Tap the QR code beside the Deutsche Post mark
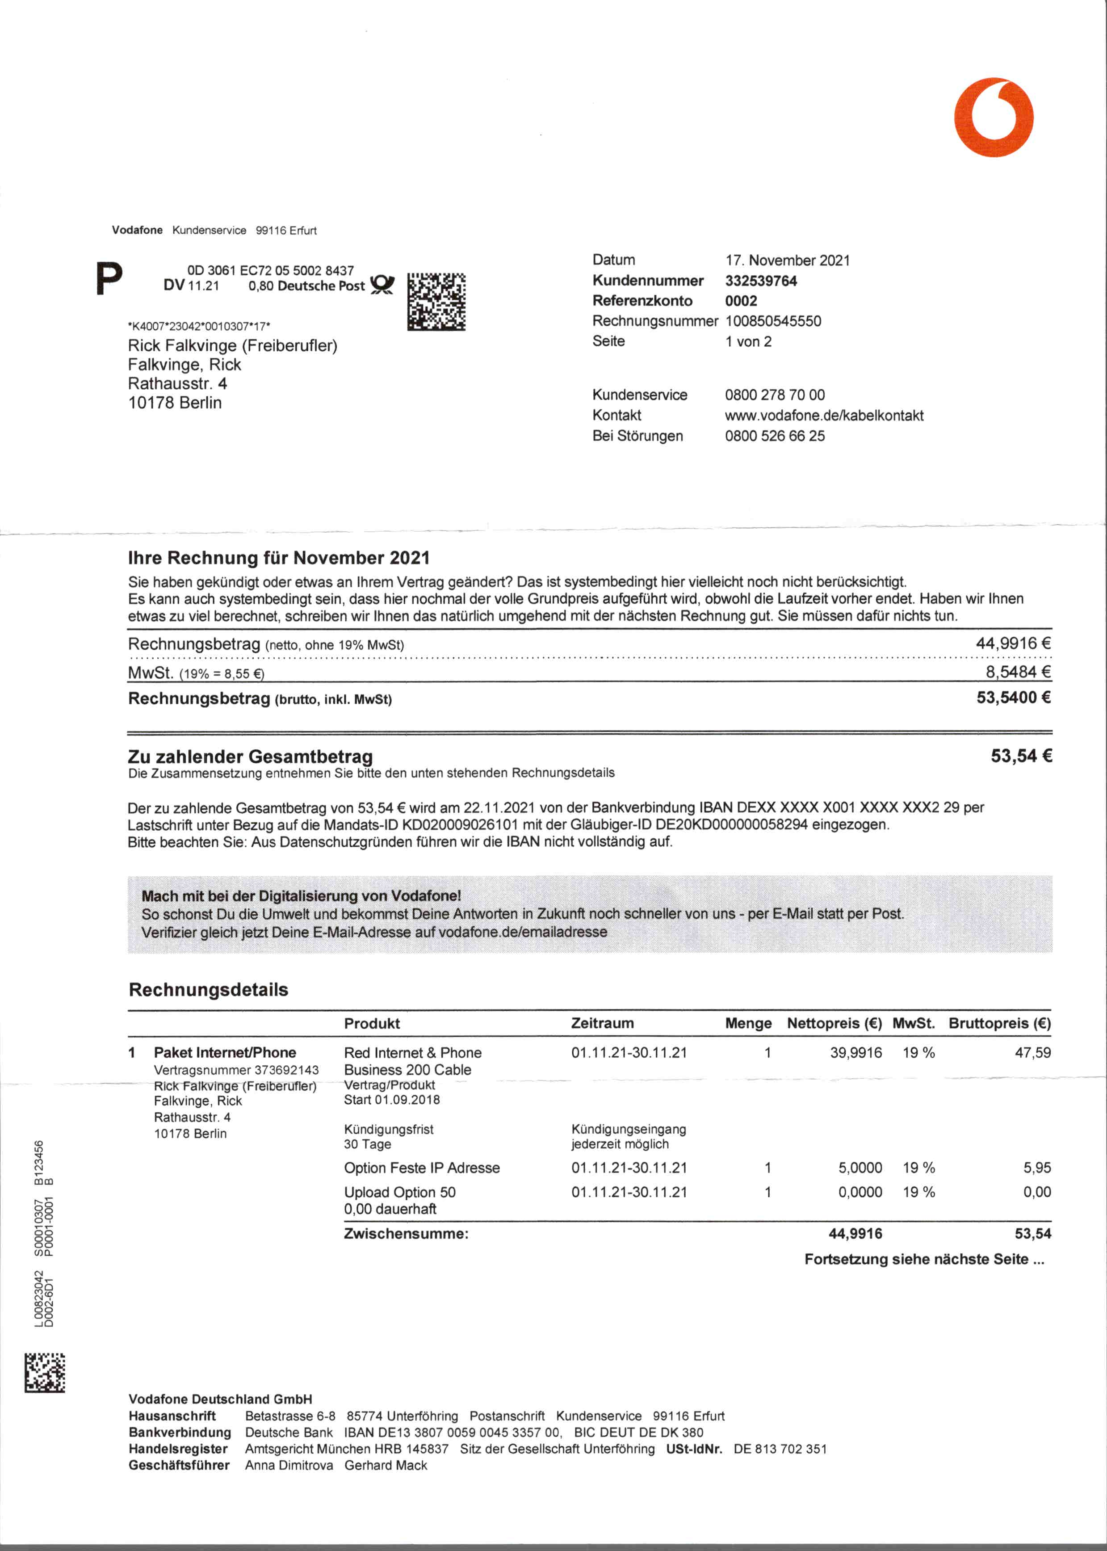click(x=436, y=302)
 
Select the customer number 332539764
click(x=761, y=281)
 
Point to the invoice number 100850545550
click(x=773, y=321)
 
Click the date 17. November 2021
click(x=787, y=261)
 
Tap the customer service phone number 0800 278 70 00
click(x=774, y=395)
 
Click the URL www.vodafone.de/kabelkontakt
click(x=824, y=415)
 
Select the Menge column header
click(x=748, y=1023)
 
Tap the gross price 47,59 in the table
click(x=1033, y=1053)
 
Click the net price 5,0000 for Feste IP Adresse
click(x=860, y=1167)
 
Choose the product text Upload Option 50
click(x=399, y=1192)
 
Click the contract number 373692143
click(x=286, y=1070)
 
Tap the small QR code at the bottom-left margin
click(x=45, y=1372)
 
